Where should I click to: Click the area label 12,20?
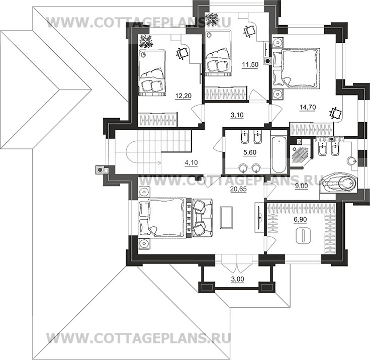click(x=183, y=96)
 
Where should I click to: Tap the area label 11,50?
click(x=250, y=64)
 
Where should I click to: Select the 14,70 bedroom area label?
click(x=308, y=107)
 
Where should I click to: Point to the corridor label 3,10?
click(x=237, y=115)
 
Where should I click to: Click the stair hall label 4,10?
click(x=191, y=162)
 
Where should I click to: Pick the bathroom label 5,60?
click(x=250, y=152)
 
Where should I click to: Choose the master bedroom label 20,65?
click(x=238, y=189)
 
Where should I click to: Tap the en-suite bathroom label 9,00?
click(x=302, y=186)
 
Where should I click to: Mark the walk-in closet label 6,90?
click(x=300, y=220)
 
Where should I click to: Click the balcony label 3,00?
click(x=237, y=279)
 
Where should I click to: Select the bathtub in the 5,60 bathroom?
click(x=279, y=154)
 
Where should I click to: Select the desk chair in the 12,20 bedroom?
click(x=182, y=53)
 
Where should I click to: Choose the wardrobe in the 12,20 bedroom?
click(x=157, y=120)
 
